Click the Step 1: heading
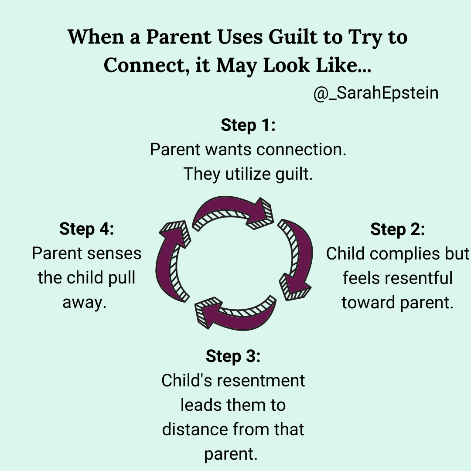coord(248,125)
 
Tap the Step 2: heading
coord(398,229)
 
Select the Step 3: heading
coord(233,356)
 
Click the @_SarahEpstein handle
coord(376,93)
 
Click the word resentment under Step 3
coord(261,381)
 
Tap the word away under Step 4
coord(85,303)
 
